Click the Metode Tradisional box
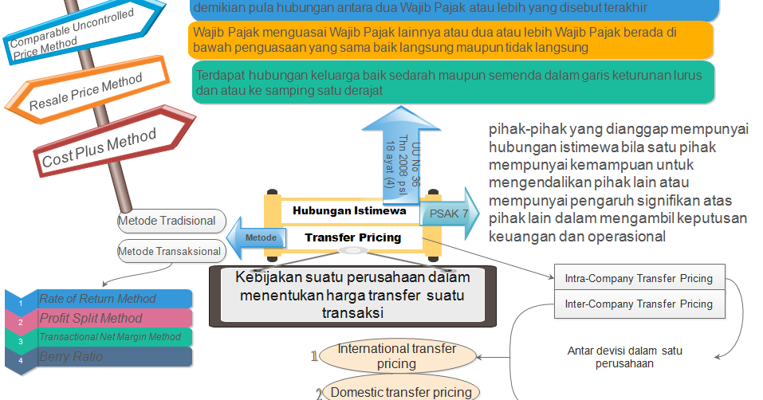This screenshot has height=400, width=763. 167,221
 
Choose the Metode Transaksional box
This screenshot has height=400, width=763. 169,251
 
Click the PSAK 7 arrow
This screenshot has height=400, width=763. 448,213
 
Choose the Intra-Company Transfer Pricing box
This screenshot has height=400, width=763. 638,279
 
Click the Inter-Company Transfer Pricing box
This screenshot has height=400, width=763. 638,304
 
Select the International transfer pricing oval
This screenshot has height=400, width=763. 396,356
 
